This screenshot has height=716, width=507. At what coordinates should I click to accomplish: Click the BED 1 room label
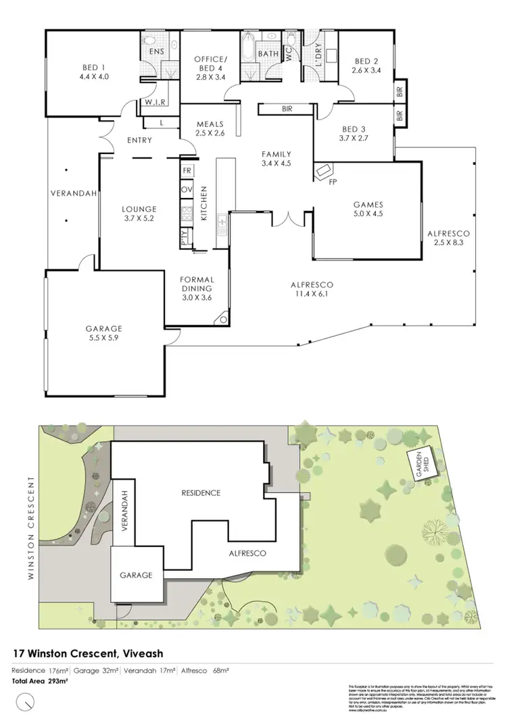94,67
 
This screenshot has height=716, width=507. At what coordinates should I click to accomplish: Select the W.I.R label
155,103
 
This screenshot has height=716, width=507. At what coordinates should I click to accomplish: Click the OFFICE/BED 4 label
211,64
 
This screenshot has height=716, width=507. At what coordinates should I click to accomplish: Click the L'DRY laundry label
312,53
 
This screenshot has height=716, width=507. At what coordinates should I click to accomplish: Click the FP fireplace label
332,182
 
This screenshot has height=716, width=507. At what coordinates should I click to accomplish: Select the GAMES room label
368,204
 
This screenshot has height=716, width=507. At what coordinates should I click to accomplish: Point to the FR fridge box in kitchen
187,170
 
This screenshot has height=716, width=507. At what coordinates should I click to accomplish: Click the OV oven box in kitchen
187,190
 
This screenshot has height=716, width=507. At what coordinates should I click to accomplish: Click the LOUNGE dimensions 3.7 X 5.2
139,219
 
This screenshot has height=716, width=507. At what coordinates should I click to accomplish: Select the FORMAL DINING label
198,284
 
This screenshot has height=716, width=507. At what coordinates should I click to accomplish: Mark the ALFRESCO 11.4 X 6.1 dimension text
312,294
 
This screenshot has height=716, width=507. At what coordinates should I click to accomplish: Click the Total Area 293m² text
41,681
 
